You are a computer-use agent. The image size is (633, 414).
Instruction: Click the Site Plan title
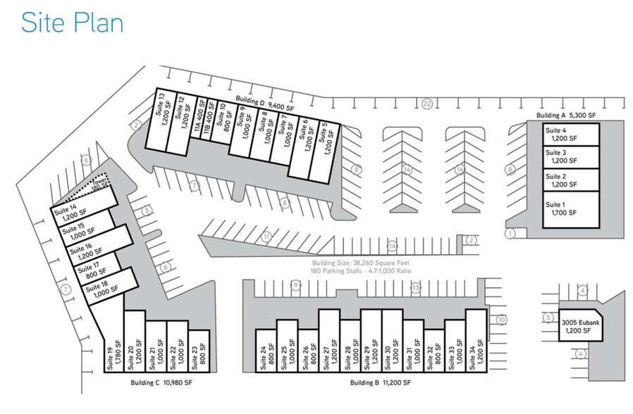click(x=72, y=23)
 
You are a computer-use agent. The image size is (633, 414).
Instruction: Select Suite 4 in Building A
click(x=570, y=134)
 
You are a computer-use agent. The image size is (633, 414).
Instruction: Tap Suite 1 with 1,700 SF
click(x=570, y=208)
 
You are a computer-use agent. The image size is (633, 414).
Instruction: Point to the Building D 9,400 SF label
click(x=264, y=101)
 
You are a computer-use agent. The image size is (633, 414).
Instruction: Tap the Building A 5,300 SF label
click(x=566, y=115)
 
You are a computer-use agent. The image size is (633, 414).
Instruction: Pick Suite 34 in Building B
click(x=475, y=348)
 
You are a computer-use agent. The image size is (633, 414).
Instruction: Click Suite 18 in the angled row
click(x=110, y=287)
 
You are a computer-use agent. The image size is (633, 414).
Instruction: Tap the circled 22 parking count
click(x=427, y=104)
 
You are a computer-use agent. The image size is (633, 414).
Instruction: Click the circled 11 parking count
click(x=266, y=237)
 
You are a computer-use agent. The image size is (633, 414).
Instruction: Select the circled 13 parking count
click(x=416, y=287)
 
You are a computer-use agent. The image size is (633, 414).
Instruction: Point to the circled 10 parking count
click(x=501, y=320)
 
